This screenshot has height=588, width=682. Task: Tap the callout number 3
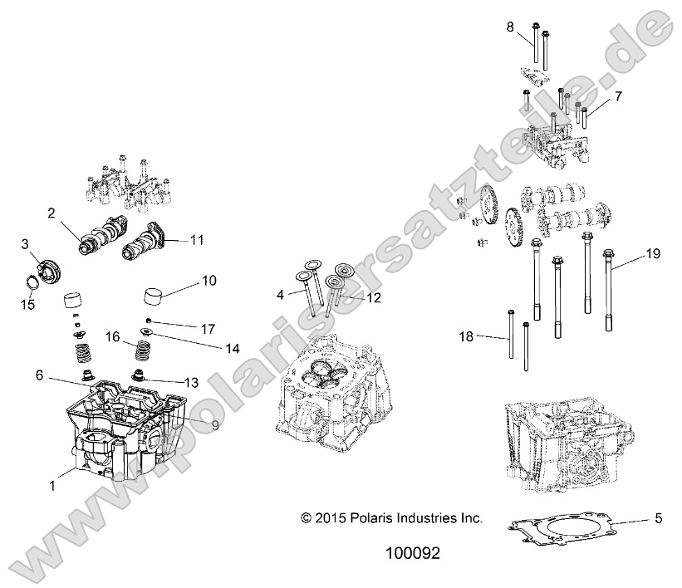pos(26,243)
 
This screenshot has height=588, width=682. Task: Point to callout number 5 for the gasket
pos(658,520)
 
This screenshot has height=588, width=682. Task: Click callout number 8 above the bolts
pos(510,27)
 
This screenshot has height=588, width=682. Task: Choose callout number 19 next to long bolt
pos(653,254)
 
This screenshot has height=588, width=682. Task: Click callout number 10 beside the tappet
pos(208,281)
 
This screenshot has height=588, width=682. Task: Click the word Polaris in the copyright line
pos(362,517)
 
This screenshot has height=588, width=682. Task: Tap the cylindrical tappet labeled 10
pos(158,295)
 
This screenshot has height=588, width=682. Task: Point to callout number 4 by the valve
pos(281,294)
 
